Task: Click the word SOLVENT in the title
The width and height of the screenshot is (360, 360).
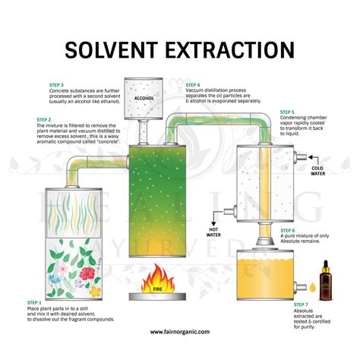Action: [x=112, y=50]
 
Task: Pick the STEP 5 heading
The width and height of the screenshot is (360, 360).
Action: [x=288, y=112]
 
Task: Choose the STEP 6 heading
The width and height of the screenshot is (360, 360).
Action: [x=288, y=229]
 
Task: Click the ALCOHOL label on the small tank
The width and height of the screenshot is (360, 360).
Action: [x=144, y=98]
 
